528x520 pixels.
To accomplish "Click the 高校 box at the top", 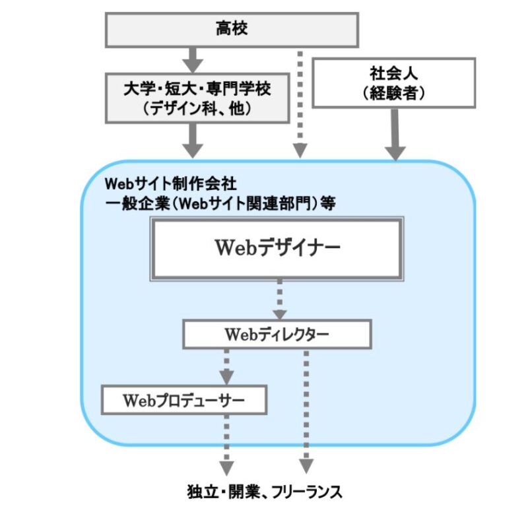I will [231, 28].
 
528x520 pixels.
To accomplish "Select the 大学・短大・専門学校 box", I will [197, 97].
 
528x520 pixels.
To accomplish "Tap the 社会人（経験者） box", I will [393, 82].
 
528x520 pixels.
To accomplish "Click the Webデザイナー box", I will [277, 248].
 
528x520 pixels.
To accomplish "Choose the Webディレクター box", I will [277, 335].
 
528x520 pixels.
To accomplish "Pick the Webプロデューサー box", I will [184, 400].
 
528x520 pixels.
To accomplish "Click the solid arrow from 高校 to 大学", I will [192, 59].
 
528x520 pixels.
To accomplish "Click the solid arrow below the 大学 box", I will [192, 139].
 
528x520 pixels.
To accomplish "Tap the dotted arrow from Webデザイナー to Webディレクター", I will [280, 298].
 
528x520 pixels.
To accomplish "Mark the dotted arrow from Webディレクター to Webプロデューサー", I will [227, 367].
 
